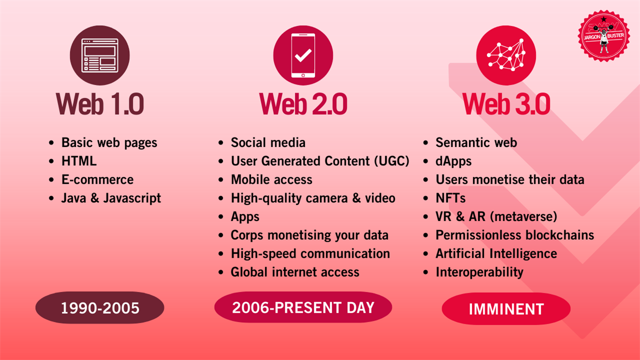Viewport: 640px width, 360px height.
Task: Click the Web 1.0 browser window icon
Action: (100, 55)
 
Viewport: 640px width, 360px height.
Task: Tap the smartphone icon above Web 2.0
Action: (303, 55)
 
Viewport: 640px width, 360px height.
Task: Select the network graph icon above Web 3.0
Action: (506, 55)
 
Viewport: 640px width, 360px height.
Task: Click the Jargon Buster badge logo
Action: (604, 36)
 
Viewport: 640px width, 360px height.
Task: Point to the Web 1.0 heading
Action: (100, 104)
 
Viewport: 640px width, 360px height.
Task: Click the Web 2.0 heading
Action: (303, 104)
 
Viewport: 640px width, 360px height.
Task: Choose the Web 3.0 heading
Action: (506, 104)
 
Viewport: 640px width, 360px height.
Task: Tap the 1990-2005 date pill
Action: (100, 308)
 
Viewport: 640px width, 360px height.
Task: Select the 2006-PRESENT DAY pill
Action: (303, 308)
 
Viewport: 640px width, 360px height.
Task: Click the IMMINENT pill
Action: (506, 309)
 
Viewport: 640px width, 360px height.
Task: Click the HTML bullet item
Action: (79, 161)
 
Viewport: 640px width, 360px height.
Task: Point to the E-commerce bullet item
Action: (98, 180)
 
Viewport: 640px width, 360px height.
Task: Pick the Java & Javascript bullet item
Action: (111, 198)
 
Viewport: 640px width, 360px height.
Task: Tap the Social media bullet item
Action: (268, 142)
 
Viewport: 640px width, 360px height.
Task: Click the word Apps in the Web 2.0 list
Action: (245, 217)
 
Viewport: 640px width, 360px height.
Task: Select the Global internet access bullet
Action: (295, 272)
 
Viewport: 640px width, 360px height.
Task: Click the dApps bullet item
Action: (453, 161)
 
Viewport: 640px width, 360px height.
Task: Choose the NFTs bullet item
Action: (451, 198)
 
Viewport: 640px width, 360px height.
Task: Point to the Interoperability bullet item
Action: (479, 272)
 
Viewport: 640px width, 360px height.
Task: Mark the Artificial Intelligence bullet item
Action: (496, 254)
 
